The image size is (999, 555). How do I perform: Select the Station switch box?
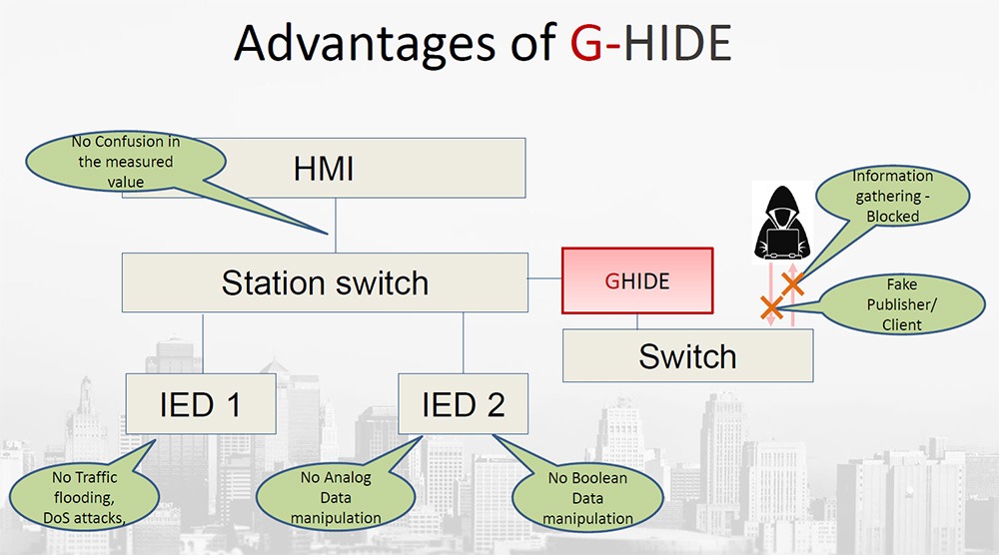coord(325,282)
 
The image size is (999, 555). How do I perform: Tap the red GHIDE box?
coord(637,281)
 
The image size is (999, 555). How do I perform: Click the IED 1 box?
coord(200,404)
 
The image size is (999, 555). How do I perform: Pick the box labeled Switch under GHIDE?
coord(687,356)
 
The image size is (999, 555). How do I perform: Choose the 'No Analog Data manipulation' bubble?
coord(335,497)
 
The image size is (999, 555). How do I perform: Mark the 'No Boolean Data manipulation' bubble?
coord(587,497)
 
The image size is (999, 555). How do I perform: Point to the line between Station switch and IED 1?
coord(203,343)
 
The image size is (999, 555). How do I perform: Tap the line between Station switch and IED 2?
coord(463,343)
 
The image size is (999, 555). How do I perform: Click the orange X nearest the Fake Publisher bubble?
coord(771,308)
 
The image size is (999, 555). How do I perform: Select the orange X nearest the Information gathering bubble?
coord(792,284)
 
